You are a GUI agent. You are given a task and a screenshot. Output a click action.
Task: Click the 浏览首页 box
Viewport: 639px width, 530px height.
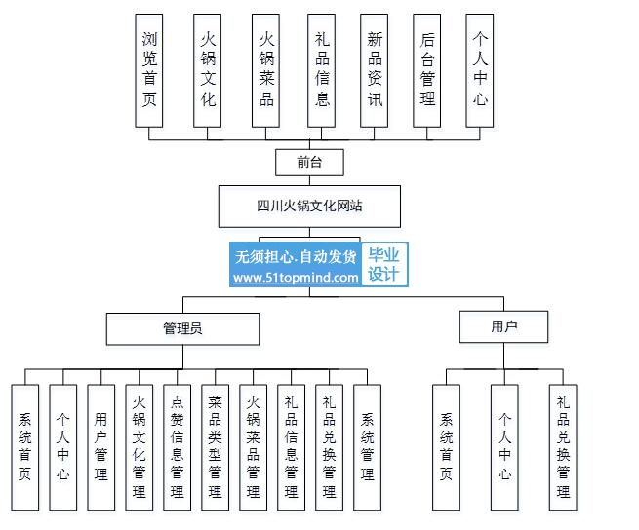pos(148,70)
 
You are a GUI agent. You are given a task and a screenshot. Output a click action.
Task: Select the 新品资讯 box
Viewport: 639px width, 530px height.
pos(374,70)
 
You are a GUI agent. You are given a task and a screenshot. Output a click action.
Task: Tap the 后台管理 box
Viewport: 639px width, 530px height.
pos(426,70)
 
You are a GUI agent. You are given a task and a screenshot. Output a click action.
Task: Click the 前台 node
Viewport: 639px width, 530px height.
pos(309,163)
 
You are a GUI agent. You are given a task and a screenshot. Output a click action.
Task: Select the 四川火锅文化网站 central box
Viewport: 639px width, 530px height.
pos(309,207)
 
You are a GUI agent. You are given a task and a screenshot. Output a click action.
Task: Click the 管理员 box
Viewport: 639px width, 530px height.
pos(182,329)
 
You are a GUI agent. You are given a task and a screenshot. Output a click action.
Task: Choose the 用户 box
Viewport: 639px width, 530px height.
pos(503,326)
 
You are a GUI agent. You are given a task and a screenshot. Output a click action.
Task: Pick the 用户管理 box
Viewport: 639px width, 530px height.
pos(101,447)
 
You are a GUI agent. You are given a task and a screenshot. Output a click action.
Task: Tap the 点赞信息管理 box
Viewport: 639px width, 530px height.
pos(177,447)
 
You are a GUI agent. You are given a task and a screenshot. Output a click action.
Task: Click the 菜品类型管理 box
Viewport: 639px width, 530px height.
pos(216,447)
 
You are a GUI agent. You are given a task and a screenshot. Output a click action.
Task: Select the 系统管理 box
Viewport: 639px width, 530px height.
pos(367,447)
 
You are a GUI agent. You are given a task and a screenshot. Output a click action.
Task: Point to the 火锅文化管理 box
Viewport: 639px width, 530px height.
pos(139,447)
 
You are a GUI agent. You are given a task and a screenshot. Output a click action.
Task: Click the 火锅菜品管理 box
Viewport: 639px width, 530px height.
pos(253,447)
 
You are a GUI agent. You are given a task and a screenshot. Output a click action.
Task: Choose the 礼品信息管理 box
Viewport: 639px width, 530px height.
pos(291,447)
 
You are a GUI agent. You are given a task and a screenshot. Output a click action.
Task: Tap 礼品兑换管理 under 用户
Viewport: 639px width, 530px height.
pos(563,447)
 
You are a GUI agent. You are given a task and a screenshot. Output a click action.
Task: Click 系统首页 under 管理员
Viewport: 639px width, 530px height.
pos(24,447)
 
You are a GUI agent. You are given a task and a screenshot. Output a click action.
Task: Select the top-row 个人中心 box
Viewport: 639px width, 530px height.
pos(480,70)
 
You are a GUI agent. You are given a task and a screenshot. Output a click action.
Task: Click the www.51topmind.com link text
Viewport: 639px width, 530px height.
pos(296,278)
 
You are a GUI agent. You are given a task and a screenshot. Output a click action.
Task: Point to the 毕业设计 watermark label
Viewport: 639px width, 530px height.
pos(384,265)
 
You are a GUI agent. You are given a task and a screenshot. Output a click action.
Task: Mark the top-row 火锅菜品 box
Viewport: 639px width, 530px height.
pos(265,70)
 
